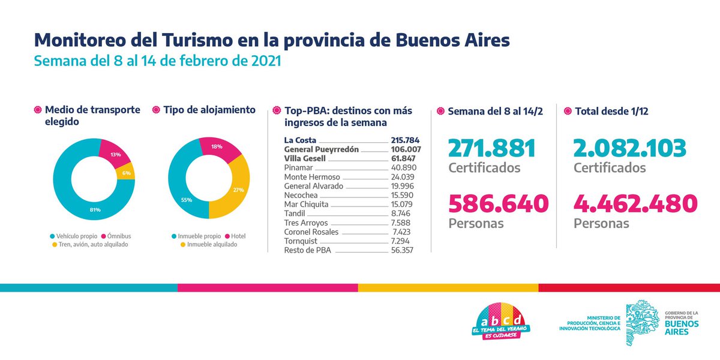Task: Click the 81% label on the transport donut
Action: [x=95, y=209]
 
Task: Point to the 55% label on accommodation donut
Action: [x=186, y=200]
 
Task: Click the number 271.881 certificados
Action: [x=491, y=148]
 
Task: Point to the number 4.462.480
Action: [x=635, y=203]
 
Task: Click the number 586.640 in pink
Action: [x=498, y=203]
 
